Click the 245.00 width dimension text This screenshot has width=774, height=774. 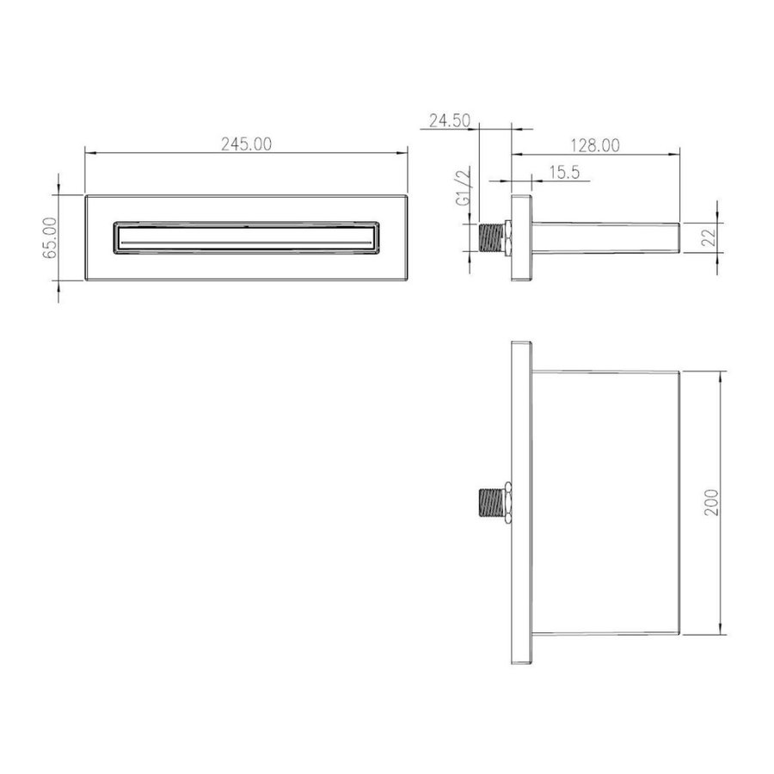(x=245, y=144)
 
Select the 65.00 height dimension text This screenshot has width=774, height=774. (x=49, y=237)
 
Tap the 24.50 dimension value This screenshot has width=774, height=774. (x=448, y=121)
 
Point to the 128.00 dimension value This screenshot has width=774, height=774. (x=593, y=145)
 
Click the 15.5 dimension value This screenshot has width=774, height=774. (x=563, y=172)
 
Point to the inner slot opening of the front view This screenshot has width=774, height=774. (x=245, y=236)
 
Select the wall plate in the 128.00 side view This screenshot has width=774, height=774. (x=520, y=237)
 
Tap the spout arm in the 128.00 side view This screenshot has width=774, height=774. (x=606, y=237)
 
